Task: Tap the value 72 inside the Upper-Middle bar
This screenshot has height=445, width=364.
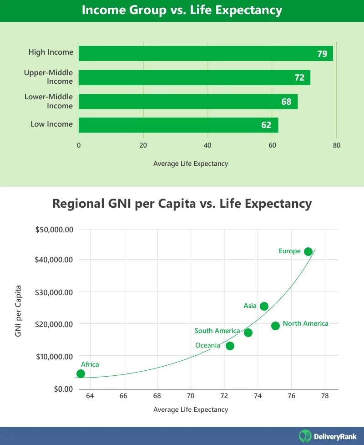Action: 299,78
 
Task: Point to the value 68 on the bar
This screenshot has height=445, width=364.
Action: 286,102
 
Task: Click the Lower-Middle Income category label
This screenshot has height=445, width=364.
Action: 49,101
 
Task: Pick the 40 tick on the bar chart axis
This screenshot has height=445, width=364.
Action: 208,146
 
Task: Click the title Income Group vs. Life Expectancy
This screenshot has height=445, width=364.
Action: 182,10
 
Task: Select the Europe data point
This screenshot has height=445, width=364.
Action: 308,251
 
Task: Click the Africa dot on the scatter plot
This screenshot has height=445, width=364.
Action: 81,373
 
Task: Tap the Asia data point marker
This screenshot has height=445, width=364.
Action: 264,306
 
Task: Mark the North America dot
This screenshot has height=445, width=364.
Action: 275,326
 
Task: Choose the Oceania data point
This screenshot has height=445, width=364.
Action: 230,346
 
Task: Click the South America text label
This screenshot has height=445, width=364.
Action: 217,331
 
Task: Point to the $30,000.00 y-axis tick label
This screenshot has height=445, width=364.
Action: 55,292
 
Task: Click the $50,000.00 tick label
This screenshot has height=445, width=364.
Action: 55,230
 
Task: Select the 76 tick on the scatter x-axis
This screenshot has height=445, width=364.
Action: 291,396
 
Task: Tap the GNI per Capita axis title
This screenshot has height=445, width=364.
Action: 18,311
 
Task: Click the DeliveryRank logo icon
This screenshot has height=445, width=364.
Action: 305,436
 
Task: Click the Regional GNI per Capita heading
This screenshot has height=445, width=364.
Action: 182,203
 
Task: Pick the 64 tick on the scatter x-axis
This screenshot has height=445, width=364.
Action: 90,396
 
